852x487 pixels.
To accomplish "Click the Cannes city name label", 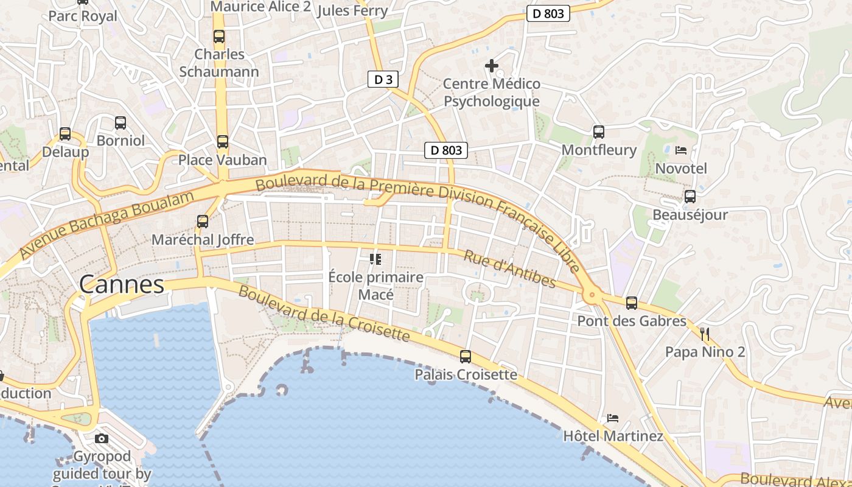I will (122, 284).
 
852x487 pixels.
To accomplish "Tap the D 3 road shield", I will (383, 79).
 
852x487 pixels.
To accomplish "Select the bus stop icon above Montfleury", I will (599, 131).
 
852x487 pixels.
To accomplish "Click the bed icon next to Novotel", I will (681, 150).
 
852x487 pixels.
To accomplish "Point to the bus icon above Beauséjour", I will (690, 197).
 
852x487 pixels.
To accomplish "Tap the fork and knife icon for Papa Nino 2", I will (705, 334).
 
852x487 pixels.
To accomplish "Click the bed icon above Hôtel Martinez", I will (612, 418).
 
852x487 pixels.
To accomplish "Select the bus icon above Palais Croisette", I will (466, 356).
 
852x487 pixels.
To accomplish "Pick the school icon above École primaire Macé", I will (375, 259).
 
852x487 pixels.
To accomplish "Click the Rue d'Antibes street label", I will (509, 268).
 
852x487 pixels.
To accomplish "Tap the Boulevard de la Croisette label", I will (324, 313).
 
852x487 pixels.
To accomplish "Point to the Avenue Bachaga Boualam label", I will (106, 225).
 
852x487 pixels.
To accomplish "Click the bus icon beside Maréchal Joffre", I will (203, 222).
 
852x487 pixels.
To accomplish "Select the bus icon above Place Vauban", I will (223, 142).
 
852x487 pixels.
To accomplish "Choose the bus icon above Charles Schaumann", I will (219, 37).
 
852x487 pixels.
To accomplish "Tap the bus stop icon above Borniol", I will (120, 123).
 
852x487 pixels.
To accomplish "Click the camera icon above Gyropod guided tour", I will (102, 438).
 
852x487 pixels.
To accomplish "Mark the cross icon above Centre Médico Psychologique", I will (492, 65).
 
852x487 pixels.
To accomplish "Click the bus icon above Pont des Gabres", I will (632, 303).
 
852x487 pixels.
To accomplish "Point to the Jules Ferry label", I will (352, 10).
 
